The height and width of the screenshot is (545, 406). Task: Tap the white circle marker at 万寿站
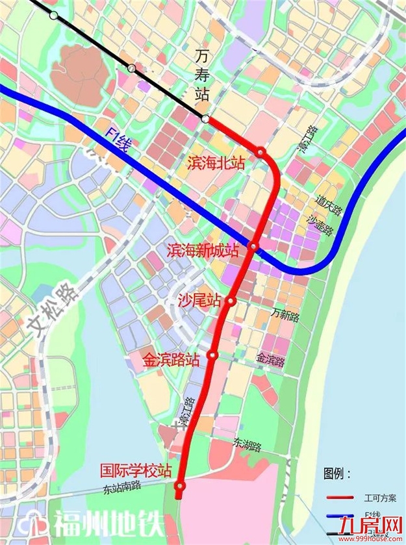(205, 119)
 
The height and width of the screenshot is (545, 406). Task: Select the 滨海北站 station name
(217, 163)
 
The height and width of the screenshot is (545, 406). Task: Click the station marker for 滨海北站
(261, 152)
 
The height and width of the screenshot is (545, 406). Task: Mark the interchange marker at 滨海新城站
(254, 247)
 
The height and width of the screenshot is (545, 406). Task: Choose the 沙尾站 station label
(199, 300)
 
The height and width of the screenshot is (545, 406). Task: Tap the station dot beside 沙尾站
(230, 300)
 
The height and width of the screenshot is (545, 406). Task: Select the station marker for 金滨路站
(212, 355)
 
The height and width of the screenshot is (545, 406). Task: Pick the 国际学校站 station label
(136, 469)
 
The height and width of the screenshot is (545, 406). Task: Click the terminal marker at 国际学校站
(180, 485)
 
